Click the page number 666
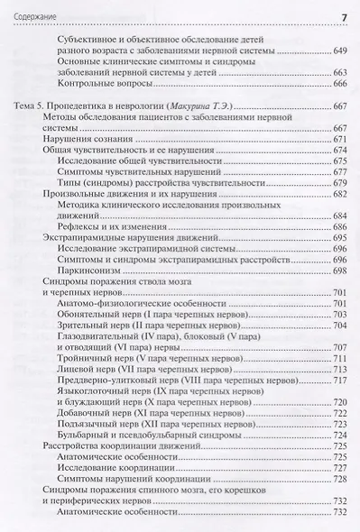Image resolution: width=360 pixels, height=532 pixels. [x=340, y=84]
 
